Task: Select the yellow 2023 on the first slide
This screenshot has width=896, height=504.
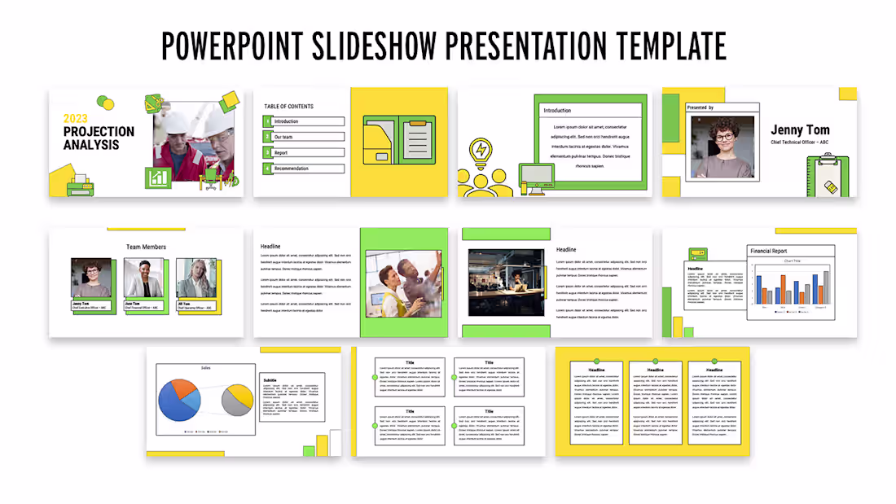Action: pyautogui.click(x=76, y=119)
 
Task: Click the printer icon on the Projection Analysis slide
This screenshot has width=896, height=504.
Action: pyautogui.click(x=77, y=184)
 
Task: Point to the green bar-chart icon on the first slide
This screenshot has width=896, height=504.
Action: pyautogui.click(x=157, y=177)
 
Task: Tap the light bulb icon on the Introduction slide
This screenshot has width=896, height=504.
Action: pyautogui.click(x=481, y=151)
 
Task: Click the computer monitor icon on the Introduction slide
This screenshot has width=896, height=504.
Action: pyautogui.click(x=536, y=178)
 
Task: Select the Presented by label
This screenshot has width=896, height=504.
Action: pyautogui.click(x=701, y=107)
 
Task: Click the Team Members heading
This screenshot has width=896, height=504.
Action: pyautogui.click(x=146, y=247)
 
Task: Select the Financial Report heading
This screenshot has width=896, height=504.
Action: pyautogui.click(x=769, y=252)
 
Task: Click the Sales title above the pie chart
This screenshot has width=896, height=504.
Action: pyautogui.click(x=207, y=368)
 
